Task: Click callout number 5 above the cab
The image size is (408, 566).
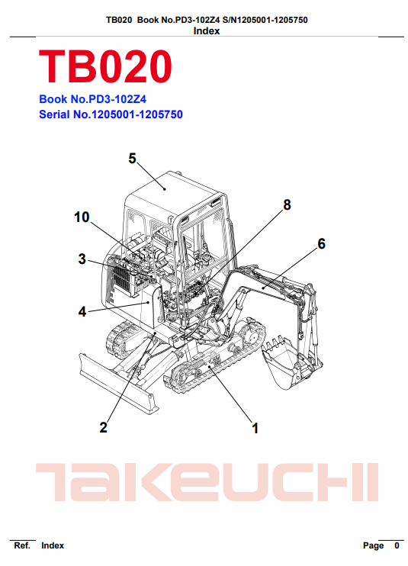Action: pos(133,159)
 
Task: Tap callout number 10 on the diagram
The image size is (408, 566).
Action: pos(82,217)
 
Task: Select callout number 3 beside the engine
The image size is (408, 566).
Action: pos(82,259)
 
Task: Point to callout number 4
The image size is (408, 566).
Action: pos(82,311)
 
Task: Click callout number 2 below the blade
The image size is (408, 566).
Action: pos(103,427)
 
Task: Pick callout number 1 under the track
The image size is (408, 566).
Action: pos(255,429)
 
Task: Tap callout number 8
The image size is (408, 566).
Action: pos(287,205)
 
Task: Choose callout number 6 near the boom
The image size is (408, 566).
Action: pos(321,243)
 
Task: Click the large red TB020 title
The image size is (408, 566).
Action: pos(105,66)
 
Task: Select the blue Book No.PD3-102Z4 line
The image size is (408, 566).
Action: pos(93,99)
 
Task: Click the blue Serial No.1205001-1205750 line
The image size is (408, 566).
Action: pos(111,114)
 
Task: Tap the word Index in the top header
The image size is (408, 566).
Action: pos(207,31)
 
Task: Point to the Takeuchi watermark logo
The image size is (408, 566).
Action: pos(207,483)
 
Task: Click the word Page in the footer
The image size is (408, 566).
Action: pos(374,546)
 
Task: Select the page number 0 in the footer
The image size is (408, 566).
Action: pos(397,545)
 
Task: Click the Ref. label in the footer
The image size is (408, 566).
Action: pos(22,545)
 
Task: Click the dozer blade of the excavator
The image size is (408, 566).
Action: pos(118,384)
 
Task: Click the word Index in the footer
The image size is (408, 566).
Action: pos(53,545)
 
